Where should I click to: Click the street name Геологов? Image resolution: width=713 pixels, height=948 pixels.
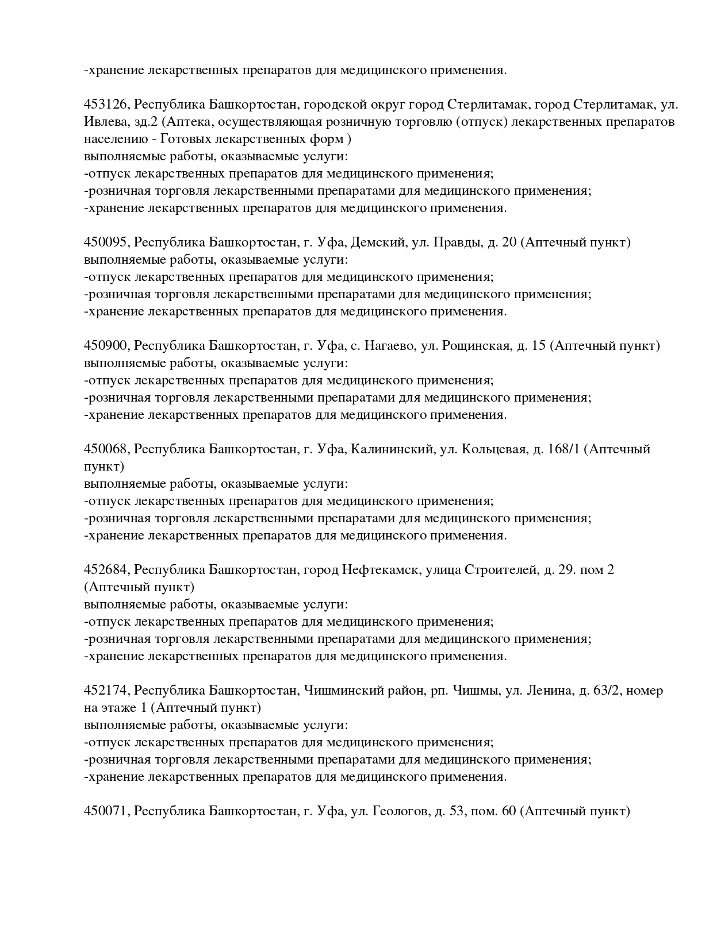400,811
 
